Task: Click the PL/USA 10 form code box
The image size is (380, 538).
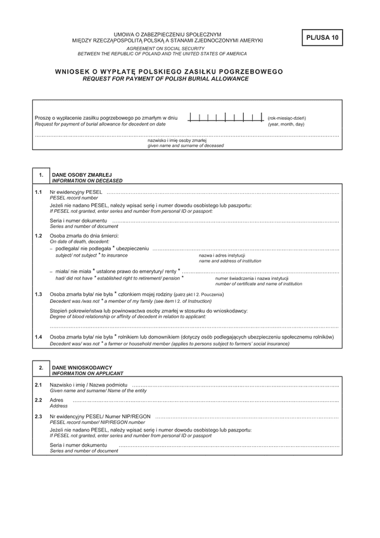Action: (323, 38)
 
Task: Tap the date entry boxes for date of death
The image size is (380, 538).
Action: (225, 117)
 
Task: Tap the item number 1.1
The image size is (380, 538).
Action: (39, 191)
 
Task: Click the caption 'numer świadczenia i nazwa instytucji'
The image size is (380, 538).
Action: (251, 278)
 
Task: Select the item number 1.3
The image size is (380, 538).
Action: (39, 295)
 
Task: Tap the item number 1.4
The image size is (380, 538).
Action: (39, 337)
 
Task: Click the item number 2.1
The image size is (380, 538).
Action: (39, 385)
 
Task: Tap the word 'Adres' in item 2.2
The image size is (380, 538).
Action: (56, 400)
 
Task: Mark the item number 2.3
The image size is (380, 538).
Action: (39, 416)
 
